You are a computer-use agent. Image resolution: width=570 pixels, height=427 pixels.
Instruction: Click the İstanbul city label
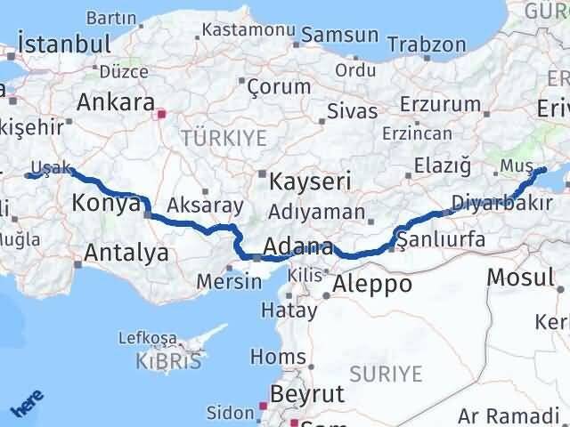[64, 44]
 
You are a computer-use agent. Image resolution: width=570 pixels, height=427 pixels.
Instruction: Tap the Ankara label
[116, 101]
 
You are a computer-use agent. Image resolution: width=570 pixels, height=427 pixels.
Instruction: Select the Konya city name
[105, 203]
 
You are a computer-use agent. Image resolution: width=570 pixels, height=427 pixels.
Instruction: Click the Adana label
[299, 246]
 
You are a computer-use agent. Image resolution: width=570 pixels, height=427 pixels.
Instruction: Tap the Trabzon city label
[427, 44]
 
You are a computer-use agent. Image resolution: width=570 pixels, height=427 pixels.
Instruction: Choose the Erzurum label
[440, 105]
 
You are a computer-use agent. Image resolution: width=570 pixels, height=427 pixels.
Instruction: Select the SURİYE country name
[386, 374]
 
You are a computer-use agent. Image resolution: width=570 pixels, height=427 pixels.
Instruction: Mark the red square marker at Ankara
[160, 114]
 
